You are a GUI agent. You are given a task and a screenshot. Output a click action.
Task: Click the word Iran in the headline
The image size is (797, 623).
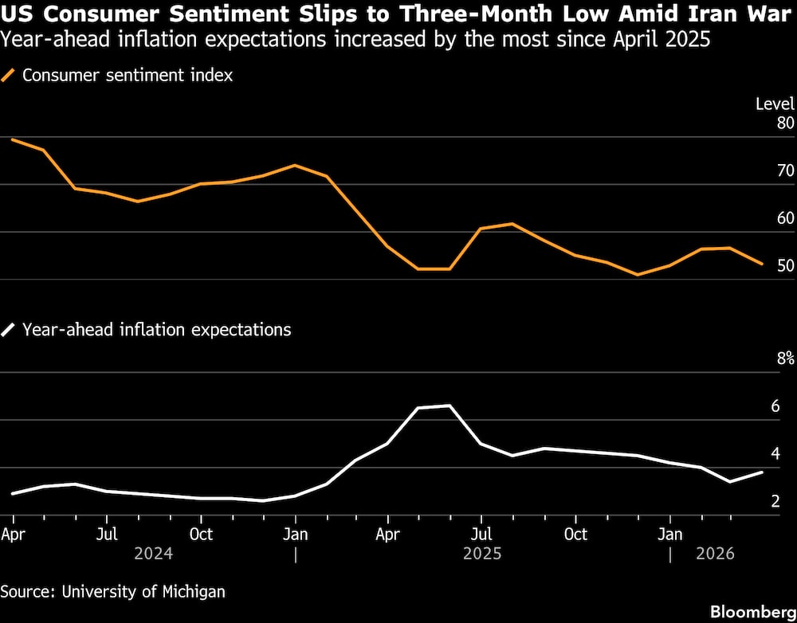click(x=704, y=14)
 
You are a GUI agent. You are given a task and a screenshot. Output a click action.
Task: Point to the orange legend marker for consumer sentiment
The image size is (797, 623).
click(x=10, y=76)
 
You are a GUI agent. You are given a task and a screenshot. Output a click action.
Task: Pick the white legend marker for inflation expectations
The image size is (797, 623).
click(x=10, y=329)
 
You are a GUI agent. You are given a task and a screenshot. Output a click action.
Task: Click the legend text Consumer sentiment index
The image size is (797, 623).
click(x=128, y=76)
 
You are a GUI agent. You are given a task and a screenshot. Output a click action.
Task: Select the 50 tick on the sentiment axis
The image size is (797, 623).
click(x=785, y=265)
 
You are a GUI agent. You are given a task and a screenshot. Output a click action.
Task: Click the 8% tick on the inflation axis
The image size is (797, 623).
click(x=784, y=359)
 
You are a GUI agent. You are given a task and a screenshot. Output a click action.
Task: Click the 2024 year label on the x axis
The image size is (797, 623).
click(x=154, y=553)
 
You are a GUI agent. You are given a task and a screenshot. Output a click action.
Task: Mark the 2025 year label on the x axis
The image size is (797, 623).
click(x=482, y=553)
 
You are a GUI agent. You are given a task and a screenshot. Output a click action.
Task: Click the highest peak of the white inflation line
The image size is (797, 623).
click(x=450, y=406)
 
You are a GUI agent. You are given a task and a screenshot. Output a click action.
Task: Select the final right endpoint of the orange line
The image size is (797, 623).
click(x=763, y=264)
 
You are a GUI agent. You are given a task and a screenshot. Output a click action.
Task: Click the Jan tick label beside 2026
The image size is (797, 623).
click(x=669, y=534)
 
